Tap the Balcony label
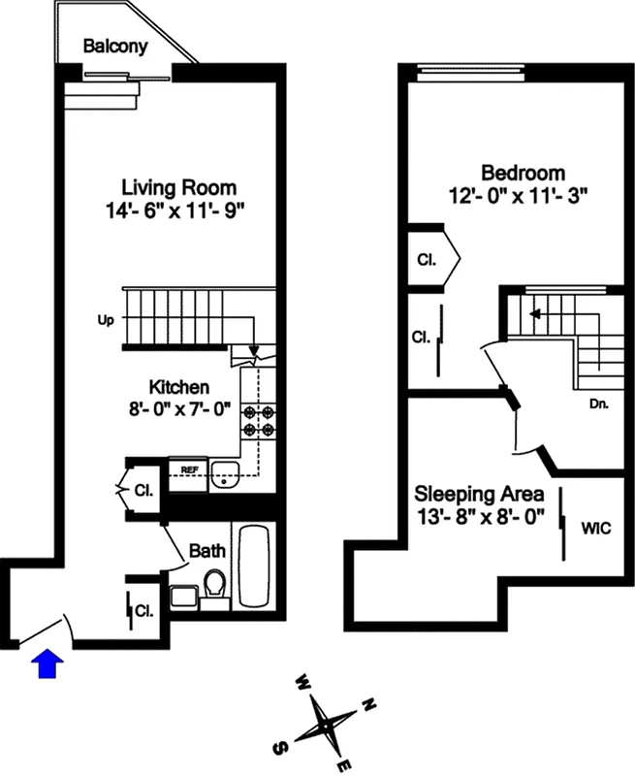[113, 46]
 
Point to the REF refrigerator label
[190, 469]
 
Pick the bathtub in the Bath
[256, 567]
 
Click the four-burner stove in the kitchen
[258, 418]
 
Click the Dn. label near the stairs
[598, 404]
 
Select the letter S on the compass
[281, 747]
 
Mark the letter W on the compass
[302, 680]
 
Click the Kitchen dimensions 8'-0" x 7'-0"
[178, 408]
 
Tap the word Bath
[207, 551]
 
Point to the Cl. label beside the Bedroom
[427, 260]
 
